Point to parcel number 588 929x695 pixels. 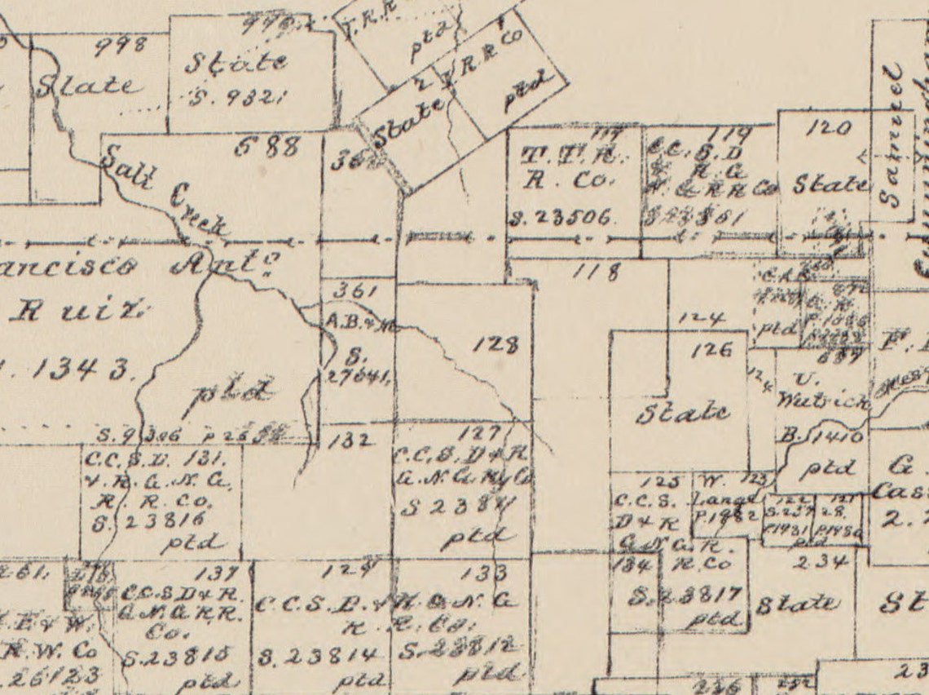[268, 148]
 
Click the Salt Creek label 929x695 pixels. [163, 190]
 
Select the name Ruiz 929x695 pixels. [77, 313]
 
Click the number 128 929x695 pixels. [495, 345]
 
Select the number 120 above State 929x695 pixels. [830, 128]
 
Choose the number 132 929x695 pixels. [353, 440]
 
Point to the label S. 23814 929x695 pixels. [318, 655]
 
